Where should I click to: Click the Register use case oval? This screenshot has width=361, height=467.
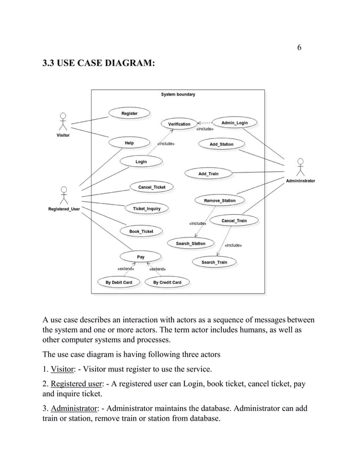(129, 114)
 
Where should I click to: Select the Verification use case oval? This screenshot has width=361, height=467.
(179, 124)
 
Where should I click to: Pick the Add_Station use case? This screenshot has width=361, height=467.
(221, 144)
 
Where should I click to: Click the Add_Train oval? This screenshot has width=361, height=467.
(208, 174)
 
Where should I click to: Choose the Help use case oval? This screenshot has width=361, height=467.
(129, 143)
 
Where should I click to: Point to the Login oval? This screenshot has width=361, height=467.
(141, 162)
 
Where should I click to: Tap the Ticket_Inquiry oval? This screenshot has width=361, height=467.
(146, 209)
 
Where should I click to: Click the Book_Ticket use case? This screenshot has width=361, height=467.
(141, 231)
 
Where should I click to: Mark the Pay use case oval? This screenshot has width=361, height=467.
(140, 257)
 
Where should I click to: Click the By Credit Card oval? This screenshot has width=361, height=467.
(167, 282)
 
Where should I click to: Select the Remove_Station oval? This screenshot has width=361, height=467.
(220, 200)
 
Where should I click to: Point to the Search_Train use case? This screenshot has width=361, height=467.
(214, 262)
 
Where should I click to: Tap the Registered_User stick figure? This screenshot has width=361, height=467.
(64, 195)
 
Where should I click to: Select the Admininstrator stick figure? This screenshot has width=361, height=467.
(300, 167)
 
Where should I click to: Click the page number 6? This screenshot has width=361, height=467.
(299, 47)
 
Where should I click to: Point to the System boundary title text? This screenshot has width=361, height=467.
(178, 94)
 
